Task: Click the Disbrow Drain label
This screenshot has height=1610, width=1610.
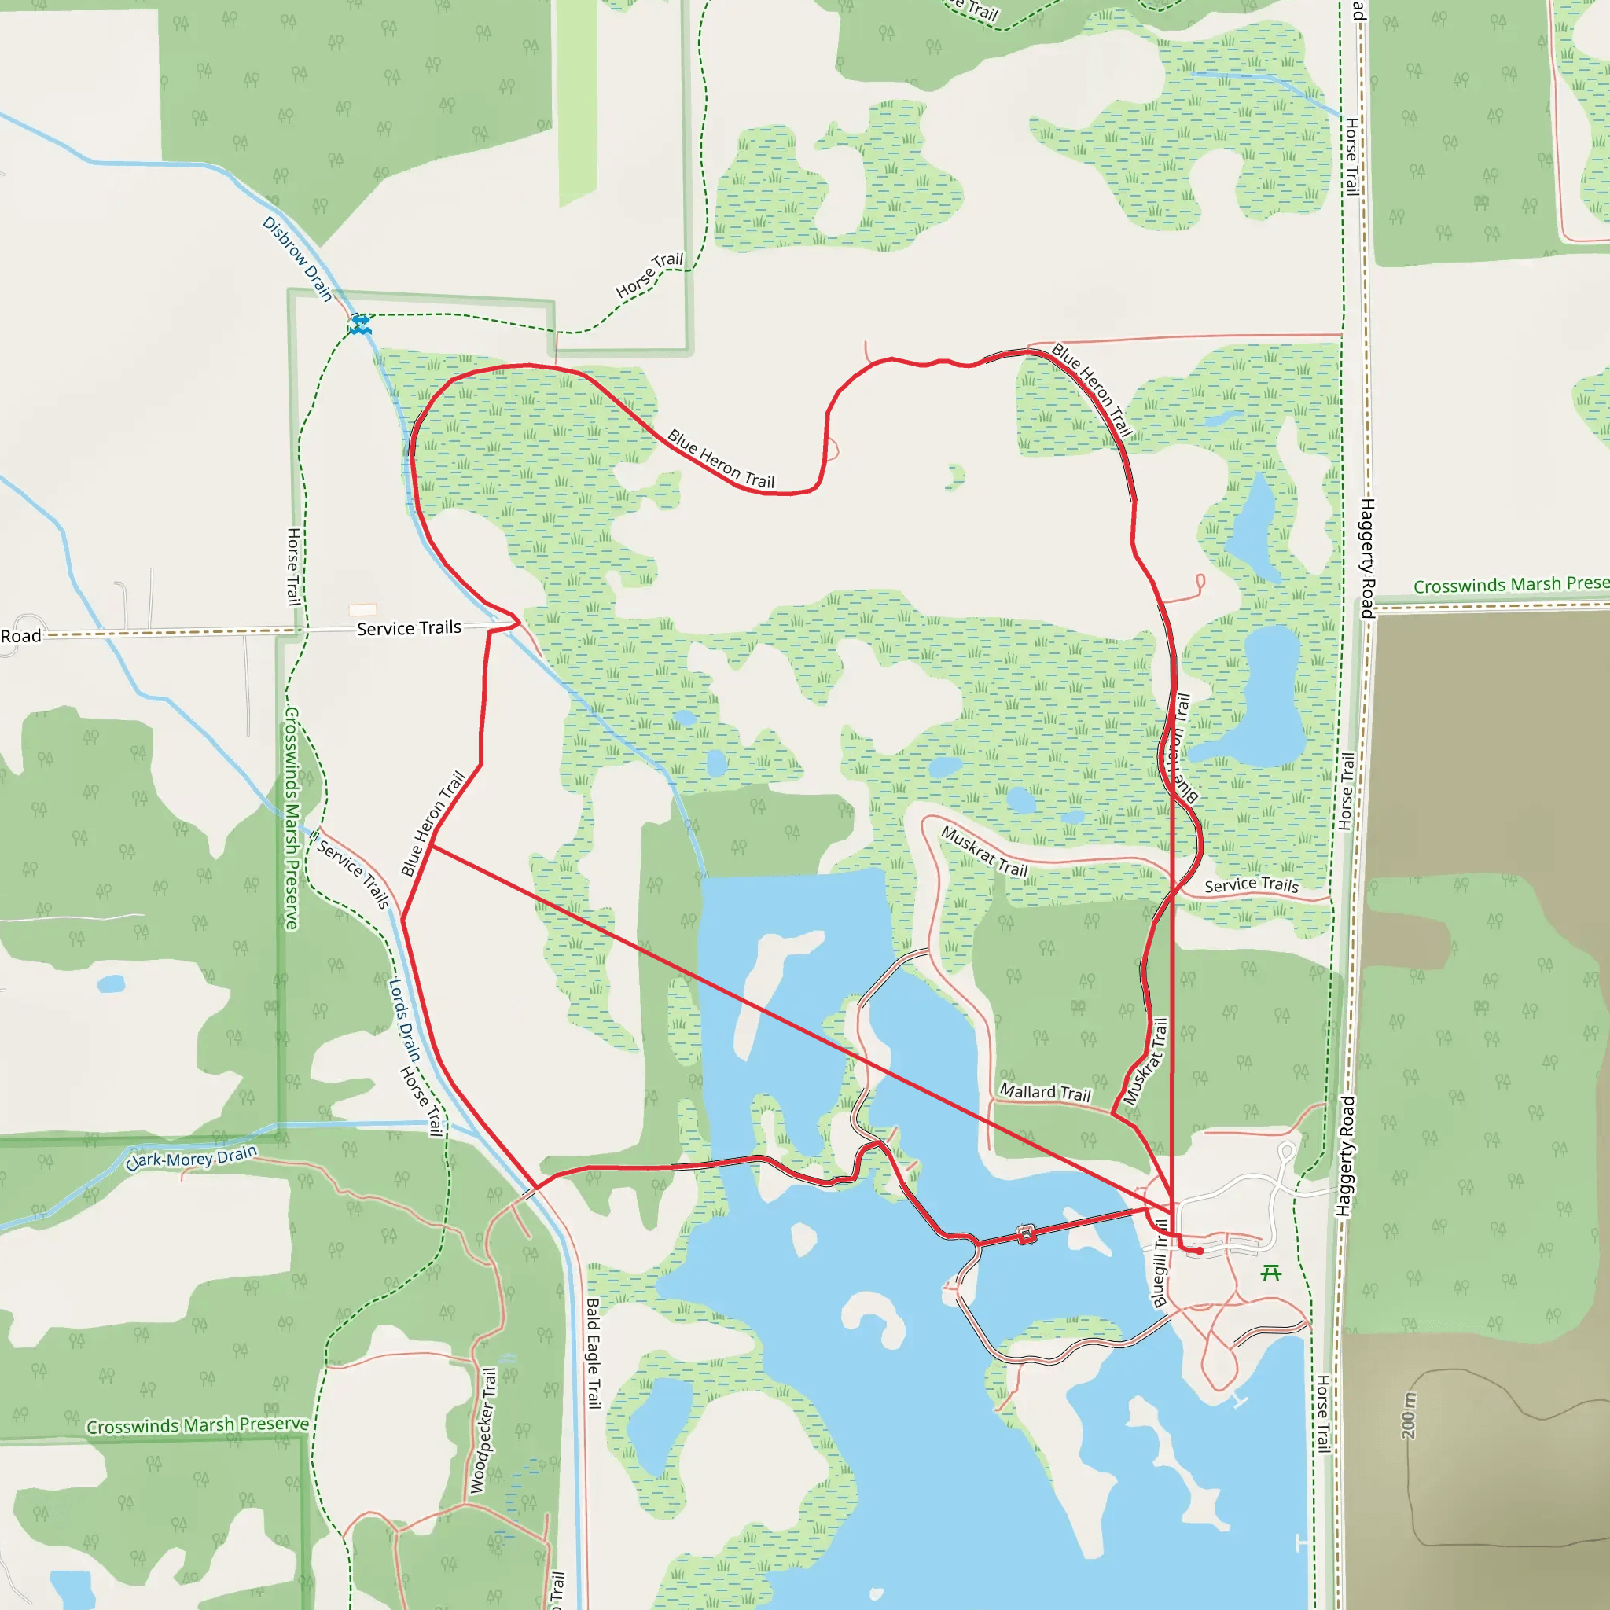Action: (297, 259)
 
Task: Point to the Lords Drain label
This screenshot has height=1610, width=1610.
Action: (404, 1019)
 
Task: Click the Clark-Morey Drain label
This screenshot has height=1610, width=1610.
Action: (192, 1157)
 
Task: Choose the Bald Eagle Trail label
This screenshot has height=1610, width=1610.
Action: (593, 1352)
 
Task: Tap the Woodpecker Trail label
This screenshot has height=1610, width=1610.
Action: (483, 1430)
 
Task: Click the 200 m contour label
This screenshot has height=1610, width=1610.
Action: (1408, 1415)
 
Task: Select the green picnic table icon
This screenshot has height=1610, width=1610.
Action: (1271, 1273)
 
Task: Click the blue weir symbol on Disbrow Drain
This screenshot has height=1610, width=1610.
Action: (360, 324)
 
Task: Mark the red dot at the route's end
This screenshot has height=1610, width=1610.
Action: (1199, 1251)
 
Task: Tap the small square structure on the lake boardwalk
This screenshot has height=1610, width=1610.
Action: (1027, 1234)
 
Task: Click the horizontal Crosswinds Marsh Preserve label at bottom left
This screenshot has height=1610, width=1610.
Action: (198, 1426)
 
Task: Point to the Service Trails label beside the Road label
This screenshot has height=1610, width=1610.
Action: (408, 628)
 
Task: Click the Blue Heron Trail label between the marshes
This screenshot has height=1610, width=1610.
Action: (721, 459)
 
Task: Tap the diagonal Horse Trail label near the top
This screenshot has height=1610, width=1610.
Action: (649, 275)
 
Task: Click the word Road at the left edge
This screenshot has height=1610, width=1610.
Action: (21, 637)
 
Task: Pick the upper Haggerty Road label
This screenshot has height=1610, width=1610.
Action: (1366, 557)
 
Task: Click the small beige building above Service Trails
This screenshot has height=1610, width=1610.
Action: (362, 610)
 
